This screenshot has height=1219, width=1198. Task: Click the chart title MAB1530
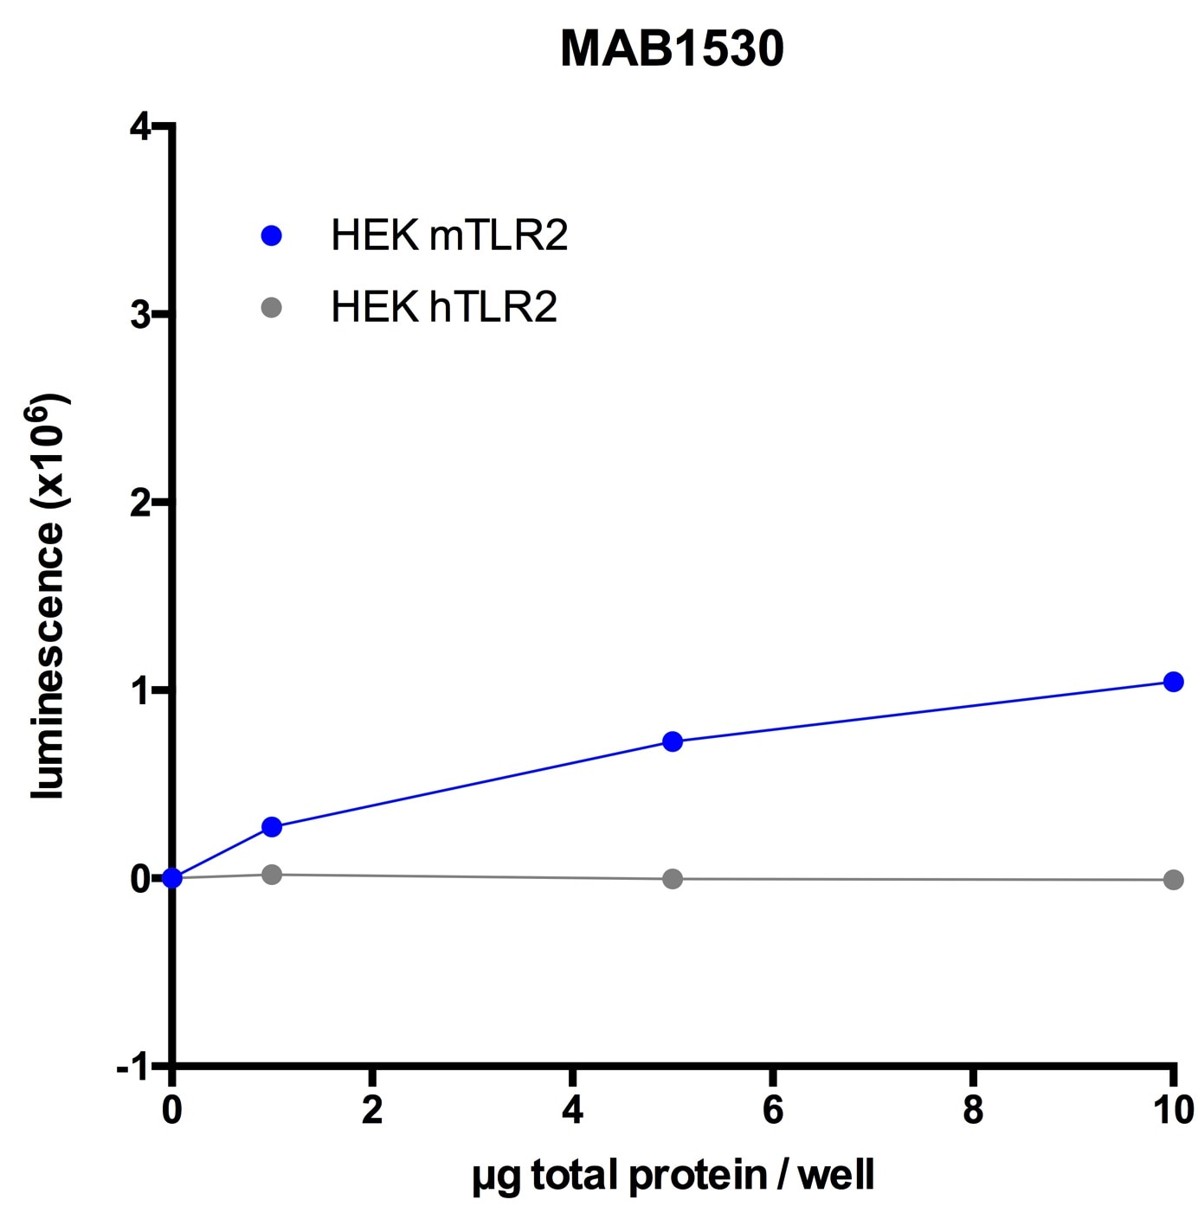click(672, 49)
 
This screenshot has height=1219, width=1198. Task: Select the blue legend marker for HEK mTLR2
click(272, 235)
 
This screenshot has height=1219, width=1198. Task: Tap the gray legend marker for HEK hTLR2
click(272, 307)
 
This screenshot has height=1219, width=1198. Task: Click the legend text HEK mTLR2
click(449, 235)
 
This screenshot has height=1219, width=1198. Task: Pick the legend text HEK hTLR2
click(444, 307)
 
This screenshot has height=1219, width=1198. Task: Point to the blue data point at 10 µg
click(1173, 682)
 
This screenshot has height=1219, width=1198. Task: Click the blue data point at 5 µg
click(673, 741)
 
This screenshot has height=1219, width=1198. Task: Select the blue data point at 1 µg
click(272, 827)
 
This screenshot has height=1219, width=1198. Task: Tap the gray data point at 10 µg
click(1173, 880)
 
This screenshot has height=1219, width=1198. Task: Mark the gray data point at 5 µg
click(673, 879)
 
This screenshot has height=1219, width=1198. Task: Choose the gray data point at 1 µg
click(272, 875)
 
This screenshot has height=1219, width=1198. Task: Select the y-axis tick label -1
click(134, 1068)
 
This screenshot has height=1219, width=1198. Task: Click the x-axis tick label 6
click(773, 1111)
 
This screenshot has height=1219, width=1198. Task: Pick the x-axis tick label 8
click(973, 1111)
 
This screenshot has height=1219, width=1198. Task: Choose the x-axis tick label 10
click(1173, 1111)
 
